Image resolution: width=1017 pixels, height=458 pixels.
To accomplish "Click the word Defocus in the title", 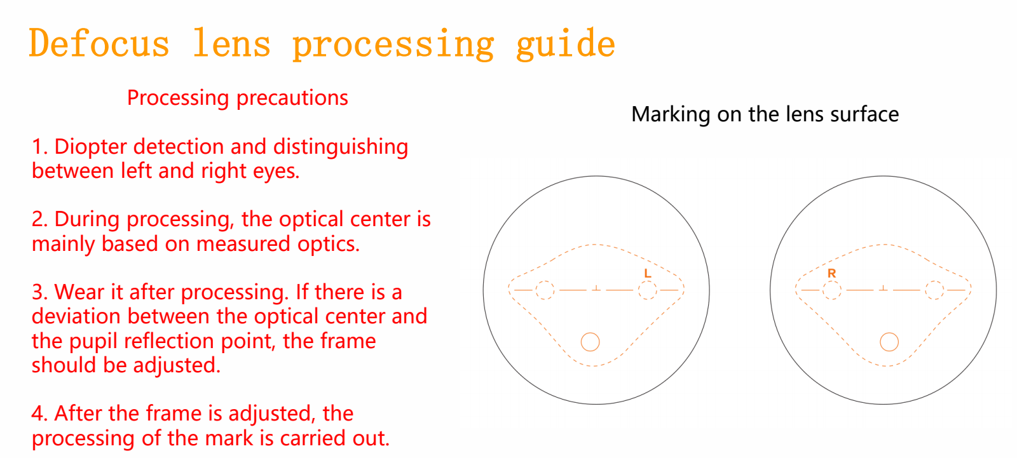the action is click(99, 43).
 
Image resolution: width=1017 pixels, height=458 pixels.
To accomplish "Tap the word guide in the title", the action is click(565, 44).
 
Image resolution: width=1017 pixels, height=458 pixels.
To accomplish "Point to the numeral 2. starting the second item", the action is click(39, 219).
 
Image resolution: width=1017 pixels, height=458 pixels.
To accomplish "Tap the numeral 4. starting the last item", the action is click(39, 414).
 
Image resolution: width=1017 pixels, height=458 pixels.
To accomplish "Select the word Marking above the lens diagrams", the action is click(671, 114).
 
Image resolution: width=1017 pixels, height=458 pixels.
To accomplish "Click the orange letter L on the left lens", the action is click(648, 273).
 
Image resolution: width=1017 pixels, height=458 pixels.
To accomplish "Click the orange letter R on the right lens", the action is click(832, 273).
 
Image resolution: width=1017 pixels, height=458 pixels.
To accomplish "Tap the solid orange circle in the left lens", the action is click(590, 333).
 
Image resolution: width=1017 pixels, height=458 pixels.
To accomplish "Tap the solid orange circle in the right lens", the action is click(889, 333).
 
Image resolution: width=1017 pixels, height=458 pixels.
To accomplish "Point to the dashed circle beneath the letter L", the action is click(648, 281).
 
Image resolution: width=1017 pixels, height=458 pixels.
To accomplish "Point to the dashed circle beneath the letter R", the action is click(832, 281).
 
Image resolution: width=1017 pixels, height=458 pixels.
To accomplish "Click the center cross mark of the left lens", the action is click(596, 288).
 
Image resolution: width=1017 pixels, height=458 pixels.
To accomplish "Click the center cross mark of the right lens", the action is click(883, 288).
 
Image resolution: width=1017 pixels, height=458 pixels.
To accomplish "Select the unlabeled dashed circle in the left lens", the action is click(545, 281).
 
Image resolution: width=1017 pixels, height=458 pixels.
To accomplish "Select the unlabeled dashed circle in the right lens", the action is click(934, 281).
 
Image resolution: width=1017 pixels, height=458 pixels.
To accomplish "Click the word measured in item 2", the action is click(243, 244).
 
